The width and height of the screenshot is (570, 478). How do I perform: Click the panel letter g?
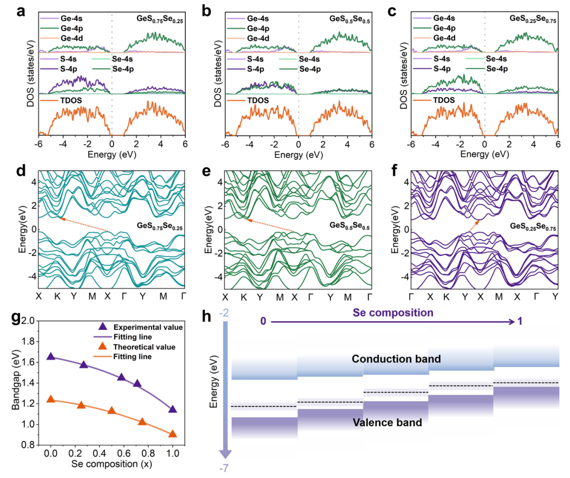[11, 318]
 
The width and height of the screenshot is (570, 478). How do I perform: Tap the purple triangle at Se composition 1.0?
[173, 409]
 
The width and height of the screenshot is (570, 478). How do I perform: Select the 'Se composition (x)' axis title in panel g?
[112, 464]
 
